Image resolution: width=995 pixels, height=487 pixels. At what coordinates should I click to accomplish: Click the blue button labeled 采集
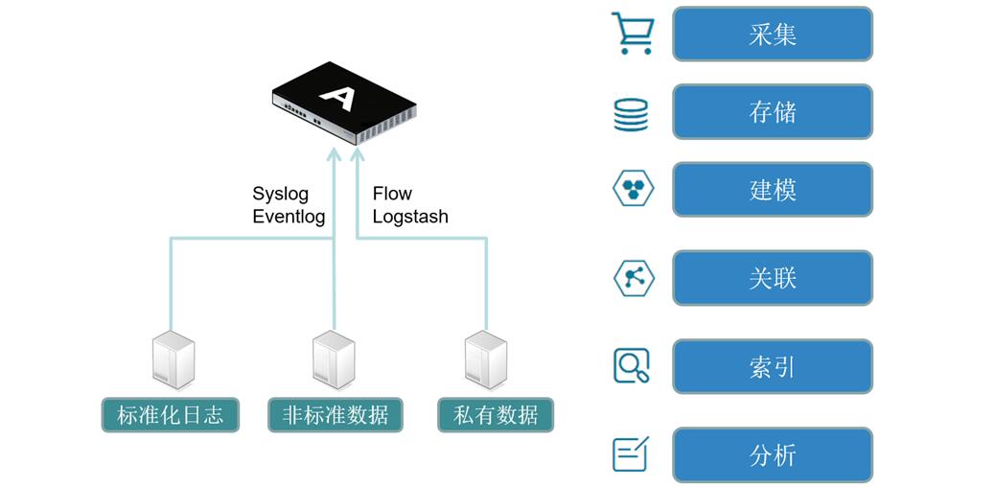tap(773, 35)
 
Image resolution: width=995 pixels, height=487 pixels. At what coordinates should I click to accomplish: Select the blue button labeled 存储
tap(773, 112)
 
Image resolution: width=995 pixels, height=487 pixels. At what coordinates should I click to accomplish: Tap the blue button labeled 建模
tap(773, 190)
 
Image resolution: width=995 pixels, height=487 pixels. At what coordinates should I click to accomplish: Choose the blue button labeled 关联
tap(773, 278)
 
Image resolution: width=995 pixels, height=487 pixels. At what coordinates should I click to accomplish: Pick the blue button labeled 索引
tap(773, 366)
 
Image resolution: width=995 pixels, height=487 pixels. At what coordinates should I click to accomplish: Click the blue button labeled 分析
tap(773, 454)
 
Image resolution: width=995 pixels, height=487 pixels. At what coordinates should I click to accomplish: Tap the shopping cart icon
tap(633, 34)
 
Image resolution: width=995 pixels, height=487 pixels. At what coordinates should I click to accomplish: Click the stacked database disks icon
tap(631, 114)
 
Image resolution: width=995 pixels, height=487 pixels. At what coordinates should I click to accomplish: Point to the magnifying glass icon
tap(632, 365)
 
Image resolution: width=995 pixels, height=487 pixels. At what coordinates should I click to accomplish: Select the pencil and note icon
tap(631, 453)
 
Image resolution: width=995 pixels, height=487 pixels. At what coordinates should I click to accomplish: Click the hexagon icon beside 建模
tap(633, 188)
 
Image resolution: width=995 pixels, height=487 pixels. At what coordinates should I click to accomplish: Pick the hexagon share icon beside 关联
tap(633, 278)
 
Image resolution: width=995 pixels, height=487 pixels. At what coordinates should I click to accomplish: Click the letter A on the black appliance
tap(336, 96)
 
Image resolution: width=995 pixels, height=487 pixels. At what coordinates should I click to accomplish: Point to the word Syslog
tap(280, 195)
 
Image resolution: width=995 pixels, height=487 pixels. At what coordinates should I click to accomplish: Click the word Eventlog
tap(289, 217)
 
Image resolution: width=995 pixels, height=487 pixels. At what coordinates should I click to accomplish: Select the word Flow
tap(392, 195)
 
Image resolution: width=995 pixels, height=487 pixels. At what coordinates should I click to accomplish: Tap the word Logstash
tap(410, 217)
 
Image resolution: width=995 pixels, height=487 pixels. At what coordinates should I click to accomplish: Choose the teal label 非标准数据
tap(336, 415)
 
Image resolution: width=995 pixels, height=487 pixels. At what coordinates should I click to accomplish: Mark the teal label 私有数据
tap(496, 415)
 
